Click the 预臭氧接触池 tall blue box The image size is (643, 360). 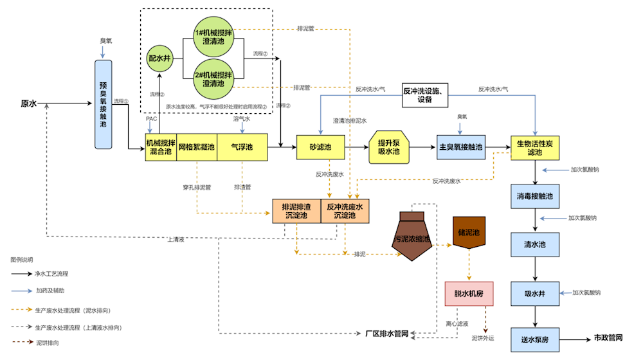point(103,105)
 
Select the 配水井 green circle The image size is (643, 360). point(159,58)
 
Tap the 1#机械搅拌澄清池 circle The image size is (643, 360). point(213,36)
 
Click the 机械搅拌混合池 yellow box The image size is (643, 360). point(161,147)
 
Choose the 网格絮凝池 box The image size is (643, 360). point(197,147)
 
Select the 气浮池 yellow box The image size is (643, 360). point(242,147)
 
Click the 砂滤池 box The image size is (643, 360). point(320,147)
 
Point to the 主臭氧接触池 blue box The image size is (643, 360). point(460,147)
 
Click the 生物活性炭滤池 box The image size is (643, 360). point(535,147)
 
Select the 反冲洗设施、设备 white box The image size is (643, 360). point(426,94)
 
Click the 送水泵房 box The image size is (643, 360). point(535,339)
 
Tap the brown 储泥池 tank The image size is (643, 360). point(469,232)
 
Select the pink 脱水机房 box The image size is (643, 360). point(469,293)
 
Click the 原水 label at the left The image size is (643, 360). point(29,104)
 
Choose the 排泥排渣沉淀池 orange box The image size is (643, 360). point(296,212)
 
